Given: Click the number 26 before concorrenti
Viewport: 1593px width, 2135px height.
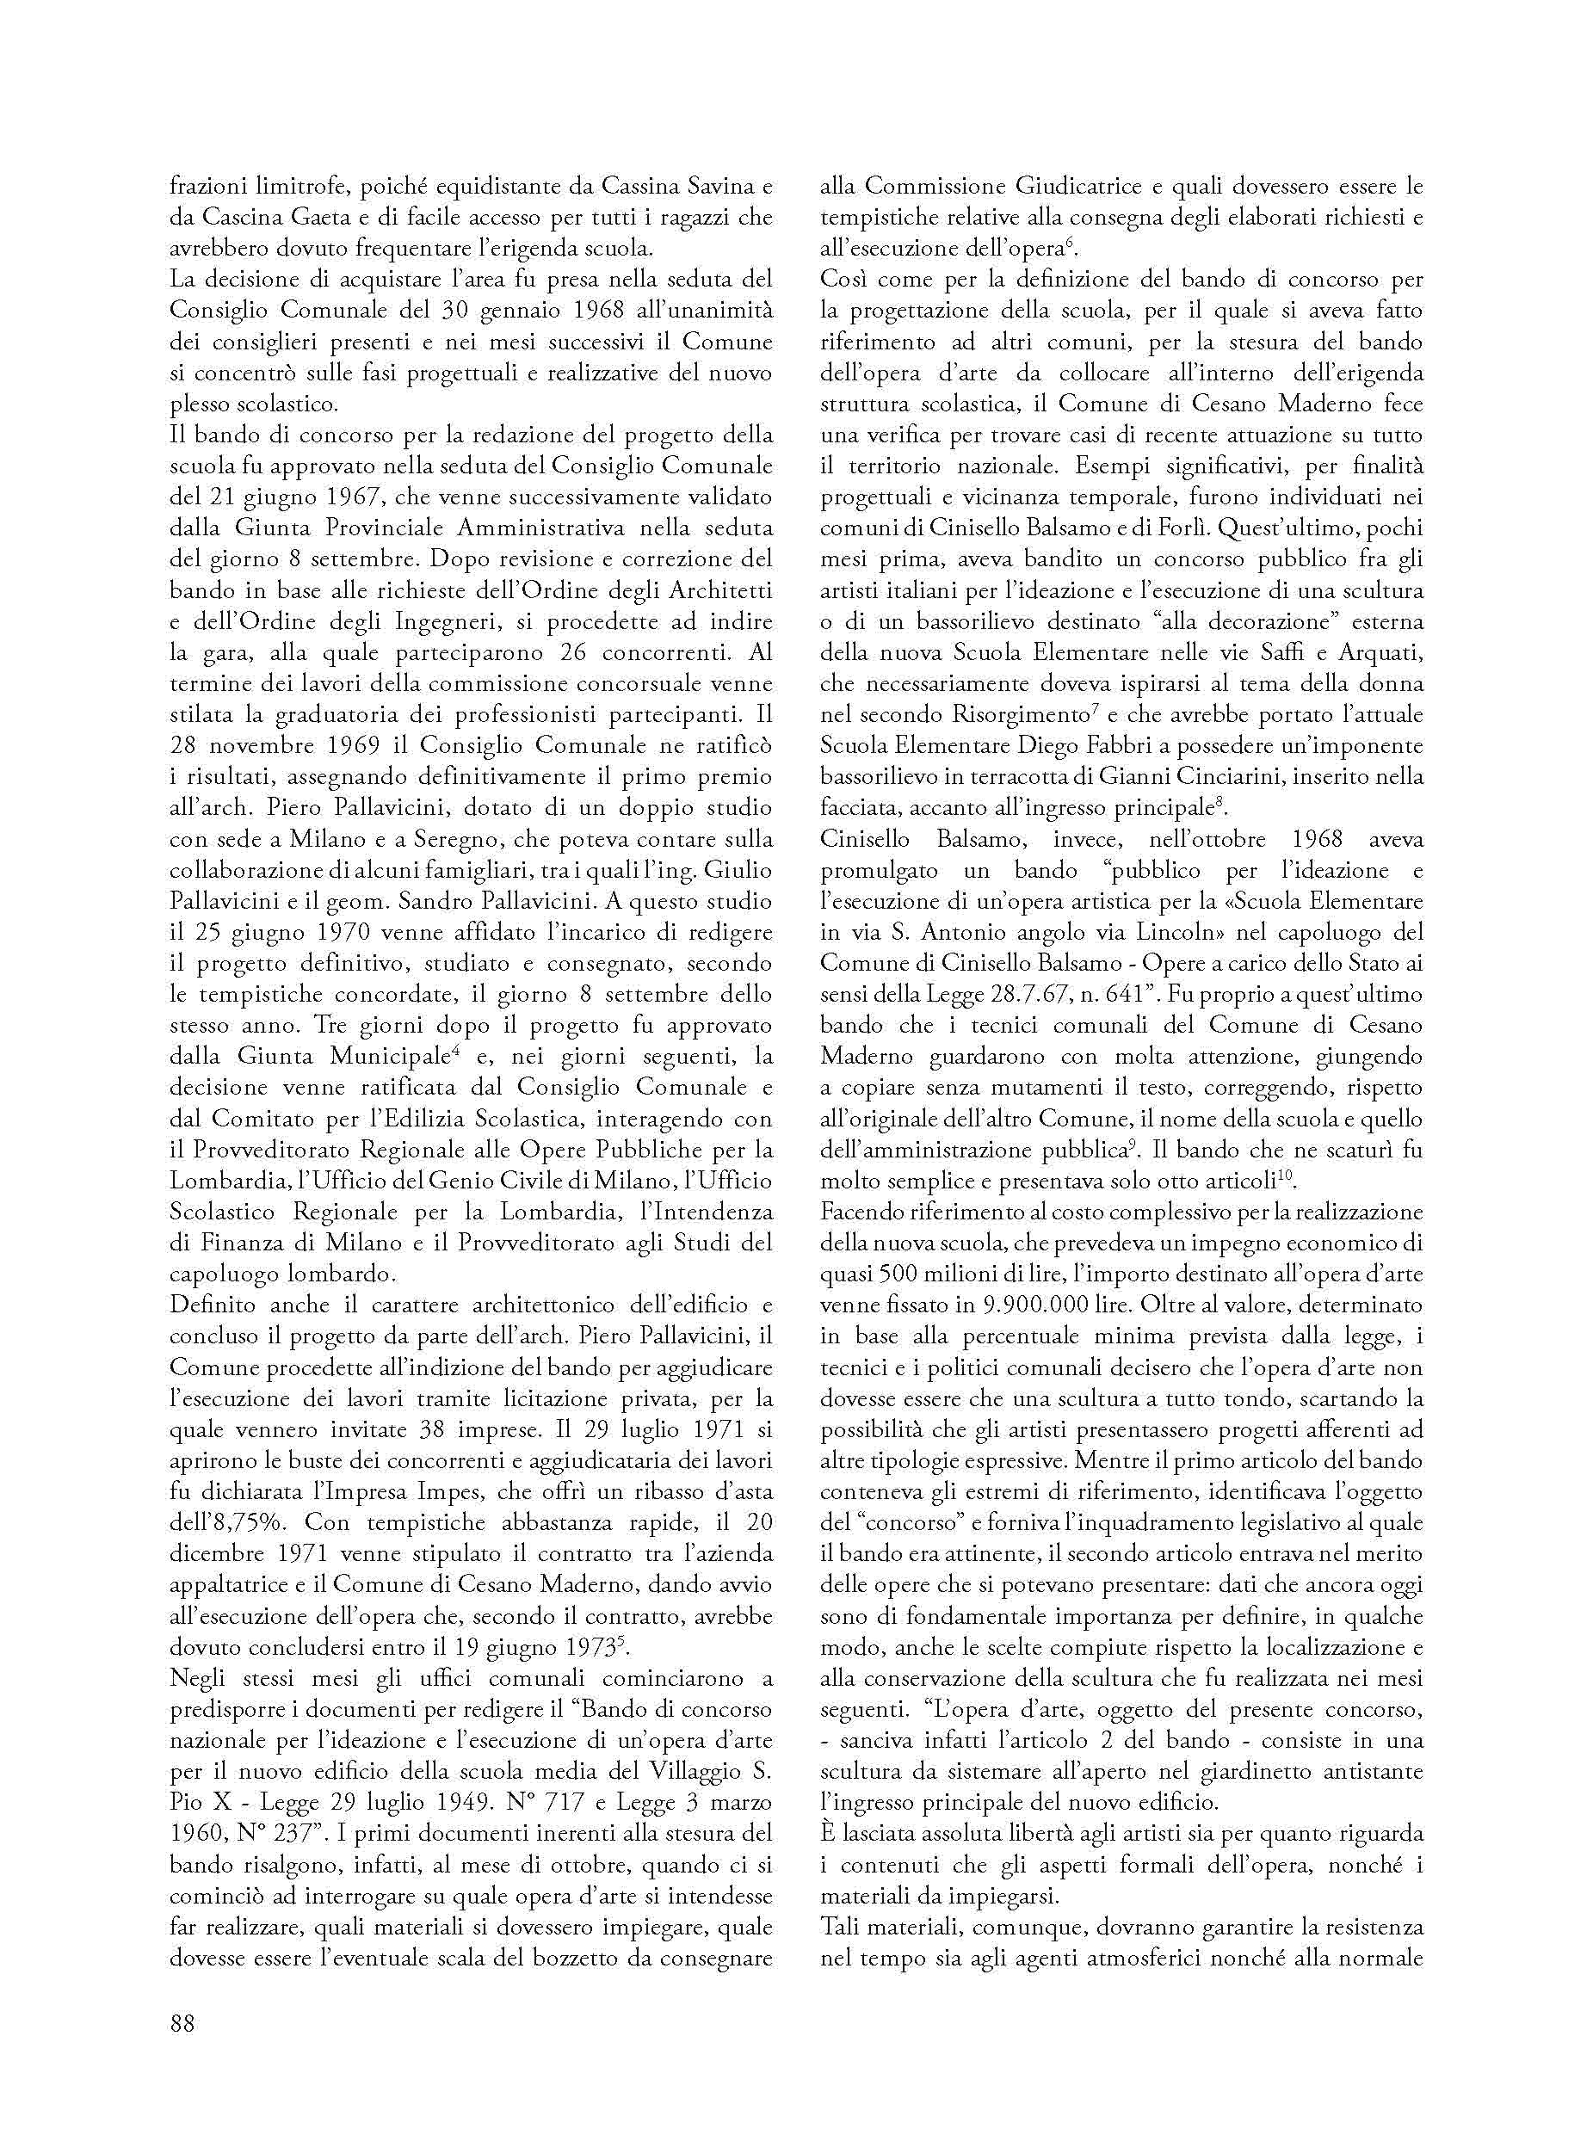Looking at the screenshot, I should pos(576,653).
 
